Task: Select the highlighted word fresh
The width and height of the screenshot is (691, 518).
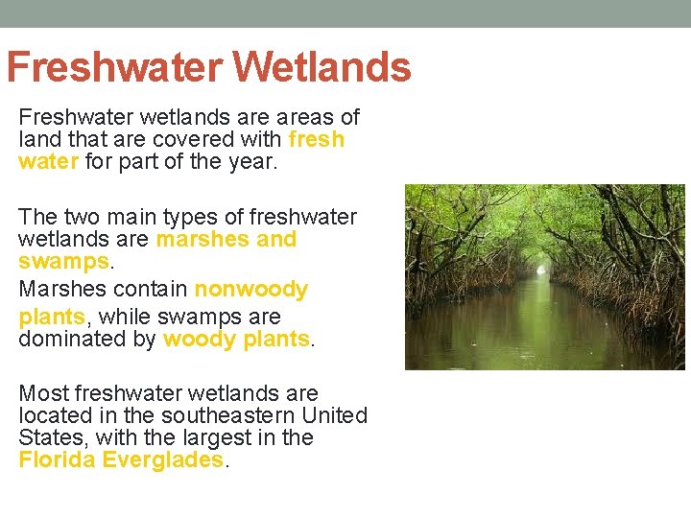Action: pos(316,139)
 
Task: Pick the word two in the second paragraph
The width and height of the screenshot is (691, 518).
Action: pos(89,217)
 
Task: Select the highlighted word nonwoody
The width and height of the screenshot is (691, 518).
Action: pos(251,290)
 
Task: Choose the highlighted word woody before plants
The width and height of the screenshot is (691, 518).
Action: pos(197,339)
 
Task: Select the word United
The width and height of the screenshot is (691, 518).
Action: pos(335,415)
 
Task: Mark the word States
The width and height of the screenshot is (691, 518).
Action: pos(48,437)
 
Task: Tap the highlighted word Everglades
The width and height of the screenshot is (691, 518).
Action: pos(162,459)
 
